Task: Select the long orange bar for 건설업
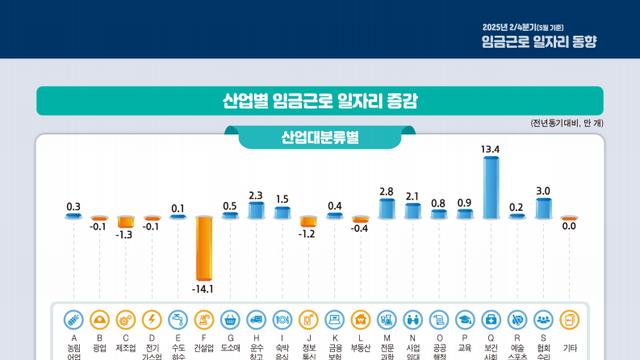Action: (x=204, y=247)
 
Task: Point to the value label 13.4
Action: (x=490, y=149)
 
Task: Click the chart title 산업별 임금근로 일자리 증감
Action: (x=320, y=101)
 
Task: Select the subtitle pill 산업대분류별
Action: (x=320, y=137)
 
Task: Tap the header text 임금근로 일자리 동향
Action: (x=552, y=41)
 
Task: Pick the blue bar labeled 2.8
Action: (x=386, y=208)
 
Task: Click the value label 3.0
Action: (x=543, y=190)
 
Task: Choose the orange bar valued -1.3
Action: (x=125, y=222)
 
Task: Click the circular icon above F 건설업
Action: (x=204, y=320)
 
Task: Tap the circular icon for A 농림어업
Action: (x=73, y=320)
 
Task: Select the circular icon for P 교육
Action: (x=465, y=320)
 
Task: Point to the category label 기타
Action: (x=569, y=347)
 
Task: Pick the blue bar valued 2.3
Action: (x=256, y=210)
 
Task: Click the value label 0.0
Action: (x=569, y=227)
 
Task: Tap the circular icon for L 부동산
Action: (x=360, y=320)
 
